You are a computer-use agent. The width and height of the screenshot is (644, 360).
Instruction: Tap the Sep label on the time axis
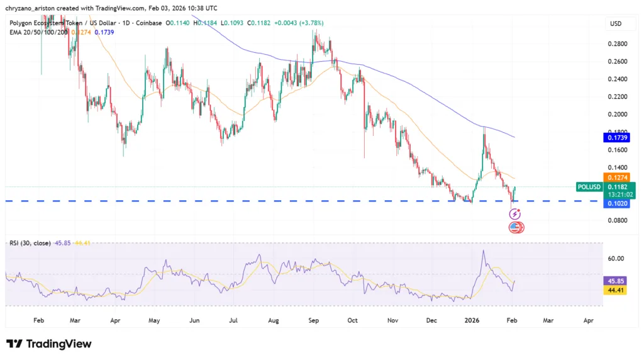[314, 320]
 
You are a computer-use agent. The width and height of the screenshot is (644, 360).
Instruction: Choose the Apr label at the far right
[589, 320]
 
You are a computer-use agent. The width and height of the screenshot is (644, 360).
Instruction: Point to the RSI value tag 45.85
[615, 281]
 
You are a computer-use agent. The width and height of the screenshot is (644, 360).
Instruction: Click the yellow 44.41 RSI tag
[615, 290]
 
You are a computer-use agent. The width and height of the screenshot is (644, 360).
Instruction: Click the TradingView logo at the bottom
[49, 344]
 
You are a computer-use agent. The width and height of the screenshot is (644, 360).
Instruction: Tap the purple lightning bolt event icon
[514, 215]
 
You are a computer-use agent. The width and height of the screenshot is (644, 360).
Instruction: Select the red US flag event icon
[514, 227]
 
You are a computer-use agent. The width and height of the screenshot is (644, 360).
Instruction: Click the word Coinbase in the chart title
[146, 23]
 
